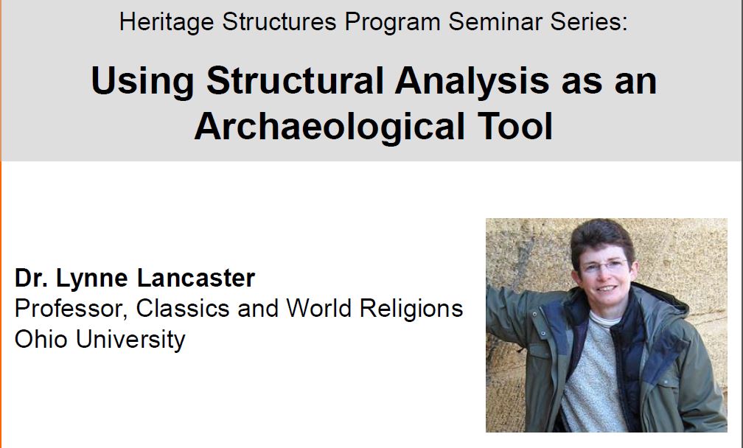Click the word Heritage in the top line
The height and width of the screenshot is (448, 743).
click(x=167, y=23)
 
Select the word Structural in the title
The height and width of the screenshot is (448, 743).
click(x=295, y=80)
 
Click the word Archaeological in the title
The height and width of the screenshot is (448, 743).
click(x=329, y=127)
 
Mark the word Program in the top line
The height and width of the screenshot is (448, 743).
click(x=392, y=23)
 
